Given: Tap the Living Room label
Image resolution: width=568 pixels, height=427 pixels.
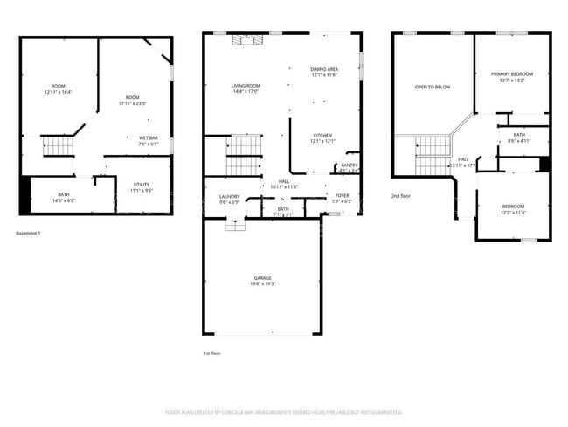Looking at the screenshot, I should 246,85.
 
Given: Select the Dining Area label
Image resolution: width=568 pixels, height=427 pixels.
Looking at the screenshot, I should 324,68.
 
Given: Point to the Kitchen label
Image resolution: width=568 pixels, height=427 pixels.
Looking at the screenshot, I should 322,136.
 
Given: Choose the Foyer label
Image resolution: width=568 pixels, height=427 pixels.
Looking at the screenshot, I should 342,196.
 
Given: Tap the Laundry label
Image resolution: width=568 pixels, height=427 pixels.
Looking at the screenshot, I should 230,197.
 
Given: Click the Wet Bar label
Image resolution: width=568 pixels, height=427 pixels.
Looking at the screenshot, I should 148,138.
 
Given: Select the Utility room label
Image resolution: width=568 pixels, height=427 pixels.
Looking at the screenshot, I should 142,185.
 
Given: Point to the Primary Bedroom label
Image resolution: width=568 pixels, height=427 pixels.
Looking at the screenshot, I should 511,74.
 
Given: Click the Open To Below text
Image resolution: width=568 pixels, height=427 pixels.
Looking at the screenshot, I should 433,87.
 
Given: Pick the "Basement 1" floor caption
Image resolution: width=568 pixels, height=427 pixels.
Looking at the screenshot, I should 29,233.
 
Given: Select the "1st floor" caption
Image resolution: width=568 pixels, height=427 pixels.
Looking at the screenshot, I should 211,353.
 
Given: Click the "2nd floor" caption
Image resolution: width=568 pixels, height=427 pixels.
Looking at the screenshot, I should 400,196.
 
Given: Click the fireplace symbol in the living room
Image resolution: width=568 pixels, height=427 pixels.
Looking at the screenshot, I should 241,39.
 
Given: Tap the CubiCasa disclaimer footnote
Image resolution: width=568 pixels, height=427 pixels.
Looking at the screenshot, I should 283,411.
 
